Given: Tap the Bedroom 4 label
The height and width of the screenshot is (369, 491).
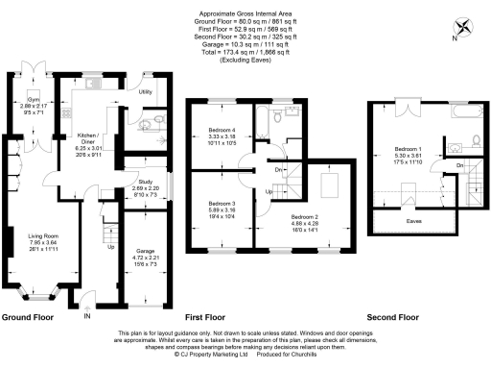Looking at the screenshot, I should click(222, 135).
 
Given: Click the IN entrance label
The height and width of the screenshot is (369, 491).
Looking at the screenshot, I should click(88, 314).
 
